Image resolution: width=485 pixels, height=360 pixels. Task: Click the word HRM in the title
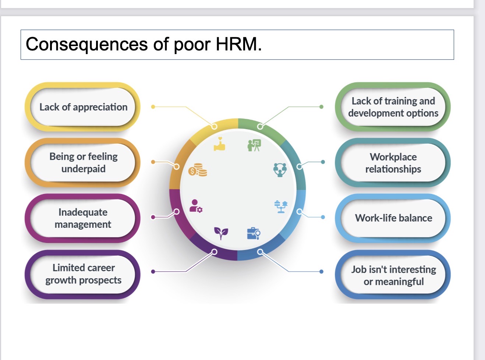coord(239,44)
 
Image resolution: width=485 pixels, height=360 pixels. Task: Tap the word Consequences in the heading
coord(87,44)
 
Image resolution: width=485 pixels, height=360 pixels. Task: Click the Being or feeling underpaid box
coord(82,162)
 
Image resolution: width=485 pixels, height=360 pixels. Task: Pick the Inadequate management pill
coord(82,218)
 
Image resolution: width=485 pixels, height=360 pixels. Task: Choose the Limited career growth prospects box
coord(82,274)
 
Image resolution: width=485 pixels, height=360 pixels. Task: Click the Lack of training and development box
coord(393,107)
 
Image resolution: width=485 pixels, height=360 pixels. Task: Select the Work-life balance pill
coord(393,218)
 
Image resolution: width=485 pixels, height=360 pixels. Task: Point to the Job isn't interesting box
coord(393,274)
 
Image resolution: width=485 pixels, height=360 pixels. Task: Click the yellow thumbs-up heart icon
coord(220,144)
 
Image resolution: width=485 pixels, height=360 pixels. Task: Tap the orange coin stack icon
coord(198,170)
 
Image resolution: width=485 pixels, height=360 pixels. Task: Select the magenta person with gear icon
coord(196,206)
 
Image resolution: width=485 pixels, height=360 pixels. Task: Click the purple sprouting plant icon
coord(221,233)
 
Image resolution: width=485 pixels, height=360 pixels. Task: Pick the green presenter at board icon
coord(254,145)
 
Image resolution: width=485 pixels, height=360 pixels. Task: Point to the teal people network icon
coord(280,170)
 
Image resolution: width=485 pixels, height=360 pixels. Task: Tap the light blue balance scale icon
coord(281,207)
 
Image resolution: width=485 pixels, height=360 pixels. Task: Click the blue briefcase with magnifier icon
coord(254,234)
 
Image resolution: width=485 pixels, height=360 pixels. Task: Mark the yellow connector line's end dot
coord(153,107)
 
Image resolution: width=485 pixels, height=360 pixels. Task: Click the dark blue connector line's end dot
coord(321,271)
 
